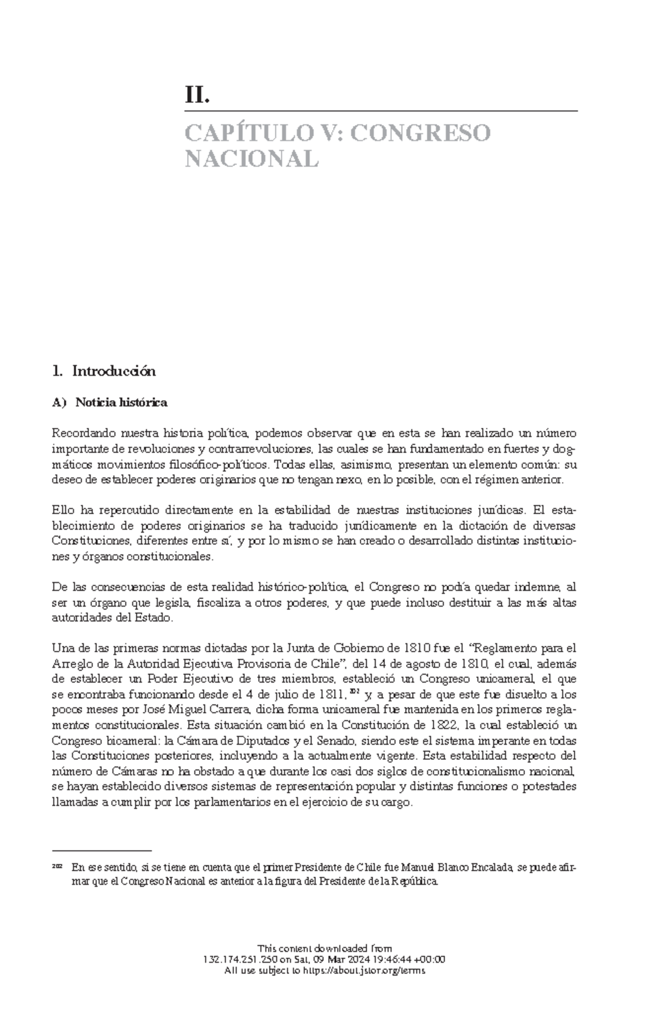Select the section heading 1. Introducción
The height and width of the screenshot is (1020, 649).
103,371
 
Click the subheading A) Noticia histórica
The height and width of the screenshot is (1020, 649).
110,402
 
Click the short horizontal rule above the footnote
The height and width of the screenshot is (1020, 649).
101,850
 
